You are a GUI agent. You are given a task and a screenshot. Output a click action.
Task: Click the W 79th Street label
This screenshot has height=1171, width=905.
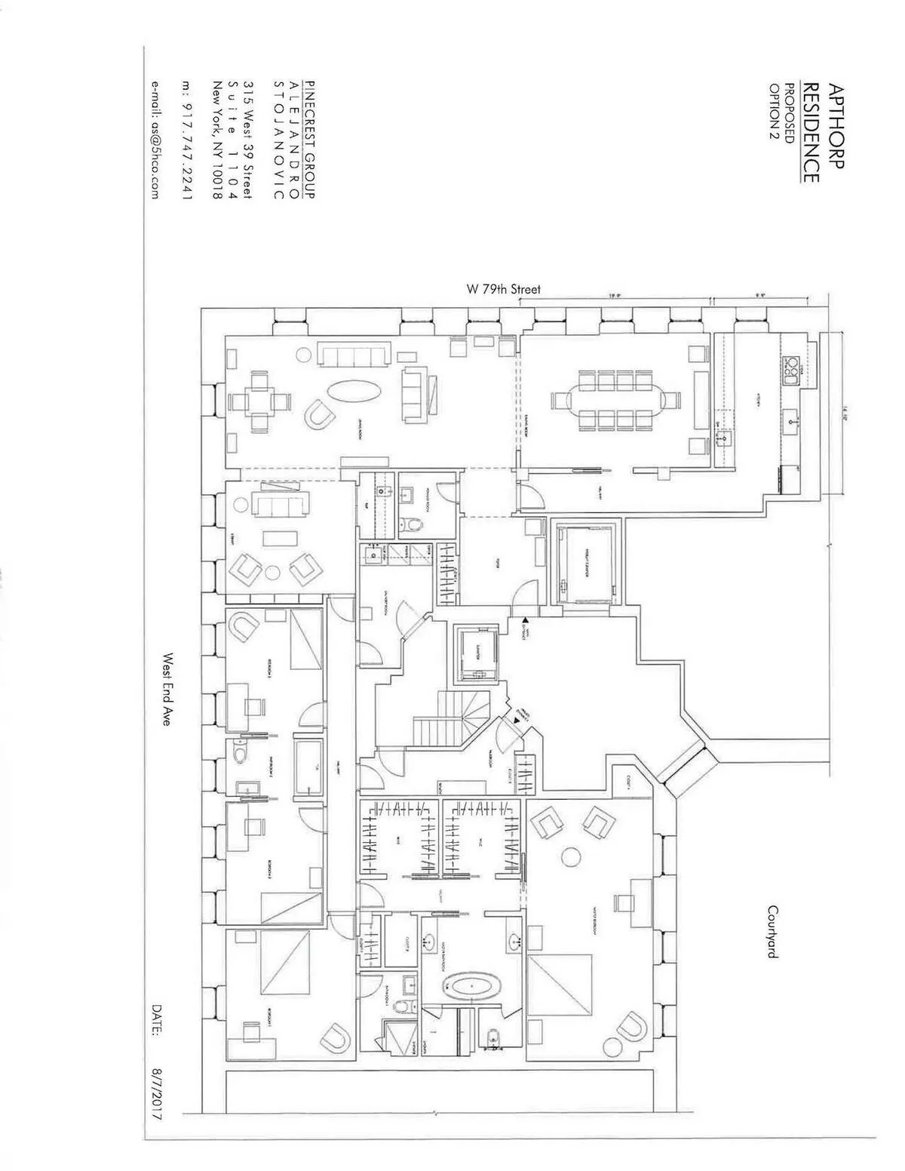(x=503, y=289)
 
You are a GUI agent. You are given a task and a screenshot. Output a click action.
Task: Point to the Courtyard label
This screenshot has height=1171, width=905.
(x=772, y=932)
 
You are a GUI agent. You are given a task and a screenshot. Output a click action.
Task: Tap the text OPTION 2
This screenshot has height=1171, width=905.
(x=773, y=111)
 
